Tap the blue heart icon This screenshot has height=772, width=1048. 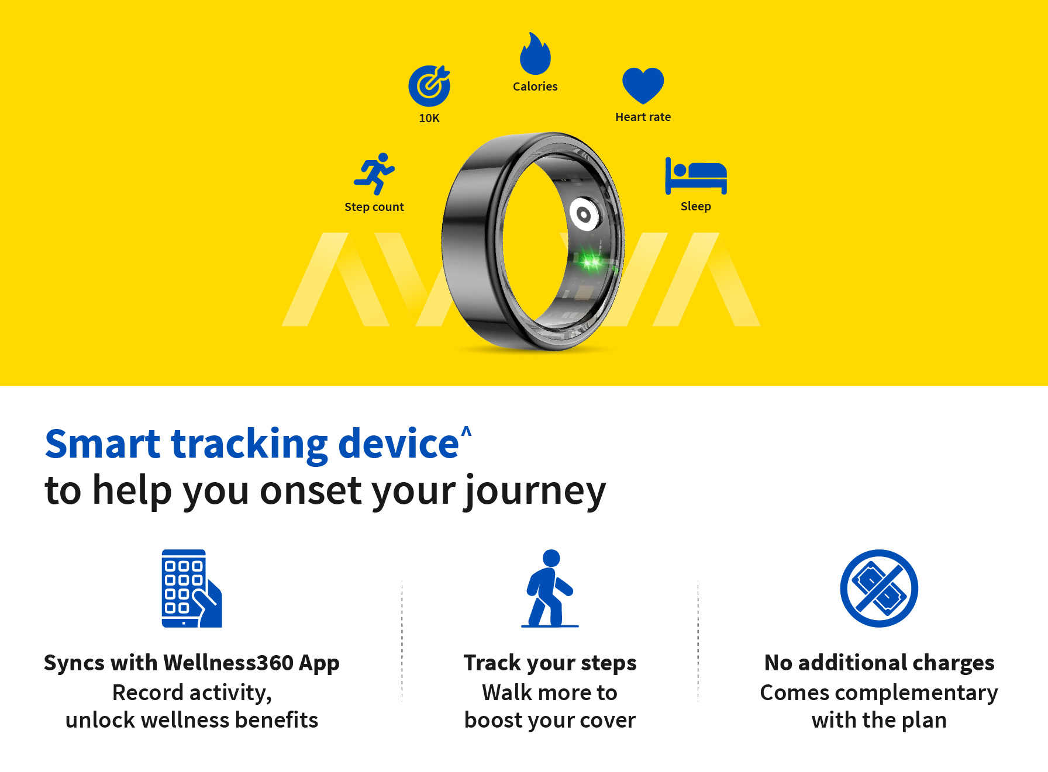pos(643,85)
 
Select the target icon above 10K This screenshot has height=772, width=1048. pos(429,86)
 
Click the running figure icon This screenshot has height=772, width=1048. pos(374,174)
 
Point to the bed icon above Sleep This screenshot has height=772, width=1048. pos(696,175)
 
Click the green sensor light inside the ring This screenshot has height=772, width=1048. pos(591,261)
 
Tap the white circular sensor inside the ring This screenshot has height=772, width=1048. pos(584,216)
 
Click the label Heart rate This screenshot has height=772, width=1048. pos(643,117)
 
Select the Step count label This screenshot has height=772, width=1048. pos(374,207)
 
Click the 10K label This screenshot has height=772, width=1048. pos(429,118)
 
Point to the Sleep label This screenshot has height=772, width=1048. pos(696,206)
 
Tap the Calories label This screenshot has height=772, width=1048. pos(535,86)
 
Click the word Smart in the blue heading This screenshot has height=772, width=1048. pos(103,444)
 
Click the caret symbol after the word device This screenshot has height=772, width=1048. pos(466,431)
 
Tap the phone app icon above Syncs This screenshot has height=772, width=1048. pos(192,588)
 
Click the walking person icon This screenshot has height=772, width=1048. pos(550,588)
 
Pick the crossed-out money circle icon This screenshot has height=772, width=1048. pos(879,588)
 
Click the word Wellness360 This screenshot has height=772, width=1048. pos(229,663)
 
